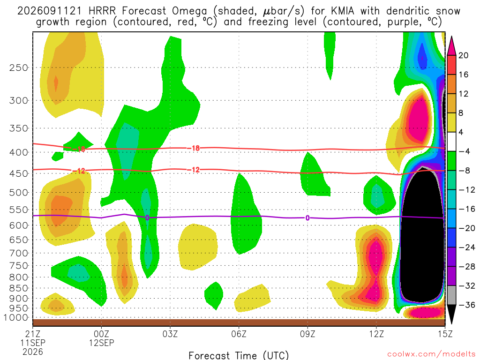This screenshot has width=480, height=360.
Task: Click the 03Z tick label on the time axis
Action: [x=170, y=334]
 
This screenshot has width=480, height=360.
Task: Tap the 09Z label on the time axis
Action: [x=307, y=334]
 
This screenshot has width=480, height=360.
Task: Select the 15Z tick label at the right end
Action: [x=445, y=334]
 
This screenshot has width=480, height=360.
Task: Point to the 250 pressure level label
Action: [x=19, y=67]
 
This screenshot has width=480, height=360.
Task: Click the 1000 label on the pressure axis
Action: [x=16, y=318]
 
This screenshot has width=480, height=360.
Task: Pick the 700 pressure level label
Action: [x=19, y=253]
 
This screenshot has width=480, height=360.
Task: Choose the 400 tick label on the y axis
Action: [x=19, y=152]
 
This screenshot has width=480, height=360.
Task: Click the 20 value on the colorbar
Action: [x=464, y=55]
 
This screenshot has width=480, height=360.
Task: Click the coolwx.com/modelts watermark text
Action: [x=431, y=354]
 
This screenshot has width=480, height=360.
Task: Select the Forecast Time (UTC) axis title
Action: [x=239, y=355]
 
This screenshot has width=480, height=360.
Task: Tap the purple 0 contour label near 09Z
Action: [x=307, y=218]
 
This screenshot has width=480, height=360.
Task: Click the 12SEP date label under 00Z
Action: [x=102, y=343]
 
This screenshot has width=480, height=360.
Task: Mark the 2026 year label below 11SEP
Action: [x=33, y=352]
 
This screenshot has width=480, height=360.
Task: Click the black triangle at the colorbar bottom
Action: [x=451, y=314]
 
